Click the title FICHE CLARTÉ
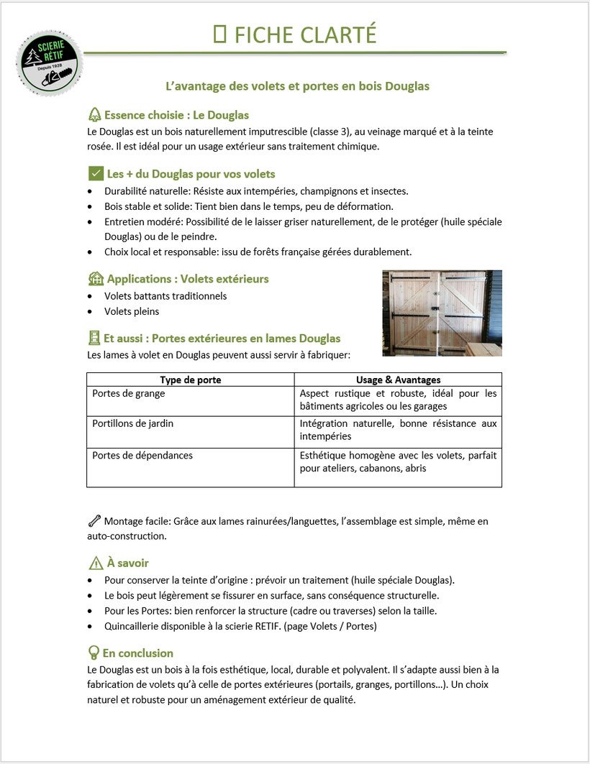pos(295,34)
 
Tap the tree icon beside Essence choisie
pos(94,115)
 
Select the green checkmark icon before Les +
pos(95,174)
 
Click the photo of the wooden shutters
pos(442,313)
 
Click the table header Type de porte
pos(190,379)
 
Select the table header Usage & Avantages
pos(398,379)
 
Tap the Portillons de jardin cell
pos(133,424)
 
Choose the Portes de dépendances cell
pos(142,455)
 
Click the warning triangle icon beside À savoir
pos(95,563)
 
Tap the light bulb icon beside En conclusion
pos(94,653)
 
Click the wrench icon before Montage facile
pos(94,521)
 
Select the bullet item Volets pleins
pos(132,312)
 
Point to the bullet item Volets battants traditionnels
pos(165,296)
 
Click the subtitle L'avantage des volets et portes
pos(297,86)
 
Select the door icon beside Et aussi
pos(94,338)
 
